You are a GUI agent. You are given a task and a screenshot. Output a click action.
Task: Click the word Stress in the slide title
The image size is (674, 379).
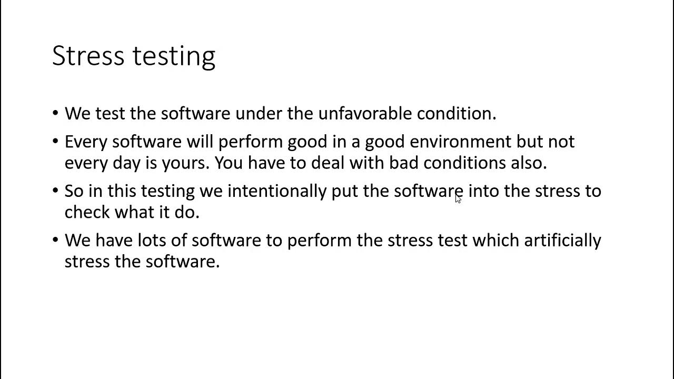pyautogui.click(x=87, y=56)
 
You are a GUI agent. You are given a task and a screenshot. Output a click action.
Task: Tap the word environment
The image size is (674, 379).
pyautogui.click(x=460, y=141)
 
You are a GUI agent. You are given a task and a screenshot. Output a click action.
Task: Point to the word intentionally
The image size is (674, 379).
pyautogui.click(x=276, y=191)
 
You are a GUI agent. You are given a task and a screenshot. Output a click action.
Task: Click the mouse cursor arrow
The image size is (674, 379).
pyautogui.click(x=458, y=198)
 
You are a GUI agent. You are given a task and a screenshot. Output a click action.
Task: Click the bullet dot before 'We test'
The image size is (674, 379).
pyautogui.click(x=56, y=113)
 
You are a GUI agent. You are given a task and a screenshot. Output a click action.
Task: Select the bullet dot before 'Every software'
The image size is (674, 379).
pyautogui.click(x=56, y=141)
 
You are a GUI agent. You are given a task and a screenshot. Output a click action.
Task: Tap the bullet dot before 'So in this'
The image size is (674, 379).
pyautogui.click(x=56, y=191)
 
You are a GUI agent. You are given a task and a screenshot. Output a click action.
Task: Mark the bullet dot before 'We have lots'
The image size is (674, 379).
pyautogui.click(x=56, y=240)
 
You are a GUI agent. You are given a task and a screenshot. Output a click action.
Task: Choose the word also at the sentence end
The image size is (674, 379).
pyautogui.click(x=528, y=163)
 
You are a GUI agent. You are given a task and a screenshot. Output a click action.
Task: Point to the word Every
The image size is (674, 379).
pyautogui.click(x=86, y=141)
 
